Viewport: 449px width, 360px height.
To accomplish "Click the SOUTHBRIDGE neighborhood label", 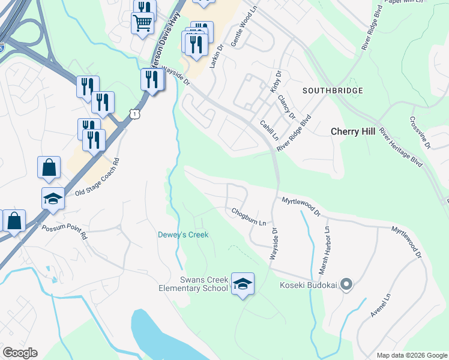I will [x=333, y=91].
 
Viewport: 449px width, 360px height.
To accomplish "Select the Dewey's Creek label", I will [x=183, y=235].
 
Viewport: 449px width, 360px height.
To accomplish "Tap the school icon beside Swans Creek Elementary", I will [x=243, y=284].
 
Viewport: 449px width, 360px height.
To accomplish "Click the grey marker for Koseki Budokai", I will [x=346, y=285].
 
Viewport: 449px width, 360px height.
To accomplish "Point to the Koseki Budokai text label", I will [x=309, y=285].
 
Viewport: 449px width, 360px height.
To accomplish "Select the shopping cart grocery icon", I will [x=142, y=23].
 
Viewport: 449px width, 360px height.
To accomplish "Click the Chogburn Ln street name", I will [x=249, y=217].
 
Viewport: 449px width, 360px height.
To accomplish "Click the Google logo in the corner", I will [x=20, y=353].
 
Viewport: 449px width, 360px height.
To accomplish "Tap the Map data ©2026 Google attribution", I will [x=411, y=355].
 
